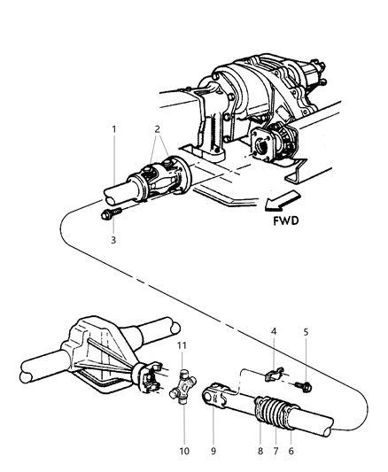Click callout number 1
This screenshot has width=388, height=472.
pos(114,129)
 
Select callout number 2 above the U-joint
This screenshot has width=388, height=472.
pos(157,129)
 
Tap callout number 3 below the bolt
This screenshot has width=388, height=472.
pos(113,240)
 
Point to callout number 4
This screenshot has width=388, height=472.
pos(274,332)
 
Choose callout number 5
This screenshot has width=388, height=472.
pos(306,332)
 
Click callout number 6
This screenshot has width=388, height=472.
pos(291,451)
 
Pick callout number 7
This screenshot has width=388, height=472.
pos(275,451)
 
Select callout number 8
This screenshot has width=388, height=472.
pos(260,451)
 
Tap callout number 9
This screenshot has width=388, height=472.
pos(213,451)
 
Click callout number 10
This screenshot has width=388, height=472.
pos(184,451)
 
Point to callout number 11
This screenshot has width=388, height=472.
pos(182,345)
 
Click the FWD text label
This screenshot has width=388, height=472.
pos(286,221)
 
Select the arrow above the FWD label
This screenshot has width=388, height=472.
pos(282,200)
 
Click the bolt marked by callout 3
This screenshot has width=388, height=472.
pos(111,213)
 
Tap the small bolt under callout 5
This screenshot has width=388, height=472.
pos(303,386)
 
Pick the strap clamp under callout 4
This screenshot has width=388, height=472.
pos(275,375)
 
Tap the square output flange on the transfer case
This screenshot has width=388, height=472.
pos(262,145)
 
